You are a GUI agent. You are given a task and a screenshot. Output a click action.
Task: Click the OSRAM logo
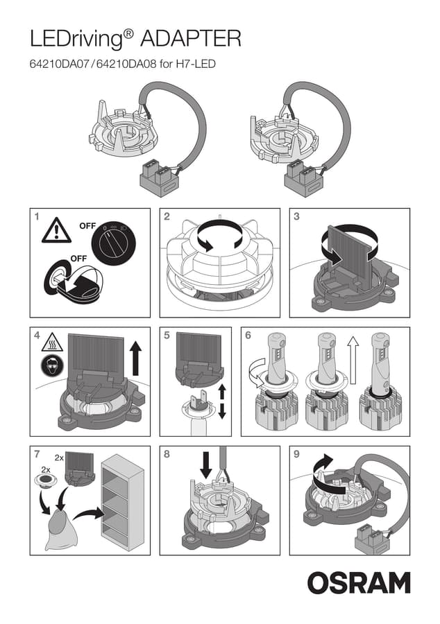[x=359, y=583]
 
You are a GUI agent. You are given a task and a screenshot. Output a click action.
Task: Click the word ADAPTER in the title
[x=191, y=39]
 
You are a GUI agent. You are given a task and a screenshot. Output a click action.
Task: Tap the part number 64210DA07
[x=58, y=64]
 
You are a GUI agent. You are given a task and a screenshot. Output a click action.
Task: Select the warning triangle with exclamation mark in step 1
[x=56, y=230]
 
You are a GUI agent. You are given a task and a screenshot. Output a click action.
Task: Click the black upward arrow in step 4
[x=136, y=360]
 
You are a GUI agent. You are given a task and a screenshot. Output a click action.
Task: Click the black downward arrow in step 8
[x=206, y=465]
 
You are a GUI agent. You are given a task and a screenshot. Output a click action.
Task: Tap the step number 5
[x=167, y=336]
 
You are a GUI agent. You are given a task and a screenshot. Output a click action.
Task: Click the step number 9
[x=296, y=454]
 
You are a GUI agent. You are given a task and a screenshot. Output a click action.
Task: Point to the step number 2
[x=167, y=216]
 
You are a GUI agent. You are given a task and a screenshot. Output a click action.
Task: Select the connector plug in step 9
[x=371, y=538]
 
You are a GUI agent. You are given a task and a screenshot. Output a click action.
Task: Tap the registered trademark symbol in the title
[x=128, y=33]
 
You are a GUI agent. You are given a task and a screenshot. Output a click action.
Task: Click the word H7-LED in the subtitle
[x=196, y=64]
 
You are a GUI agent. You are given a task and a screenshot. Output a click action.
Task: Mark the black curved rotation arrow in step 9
[x=325, y=475]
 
